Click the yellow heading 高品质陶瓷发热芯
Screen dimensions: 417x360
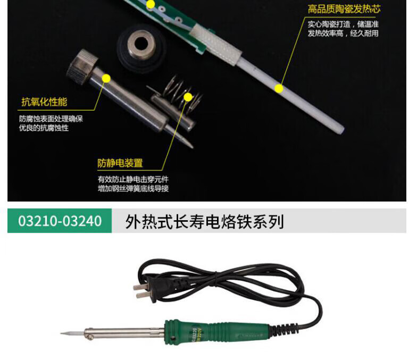[x=344, y=9]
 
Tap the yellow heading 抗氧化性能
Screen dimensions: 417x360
[x=44, y=102]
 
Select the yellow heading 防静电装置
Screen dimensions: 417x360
[x=120, y=163]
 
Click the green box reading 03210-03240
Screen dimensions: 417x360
[x=60, y=221]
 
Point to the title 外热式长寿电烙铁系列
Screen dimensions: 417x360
[x=204, y=221]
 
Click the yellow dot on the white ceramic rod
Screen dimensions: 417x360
[x=279, y=88]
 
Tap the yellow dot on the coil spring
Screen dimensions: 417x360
[x=188, y=97]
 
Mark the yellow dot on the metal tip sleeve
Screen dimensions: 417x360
[x=106, y=79]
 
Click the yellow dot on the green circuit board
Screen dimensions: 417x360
[x=151, y=4]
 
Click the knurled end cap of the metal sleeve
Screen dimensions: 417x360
[x=81, y=64]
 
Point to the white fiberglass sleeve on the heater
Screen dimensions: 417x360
[x=215, y=44]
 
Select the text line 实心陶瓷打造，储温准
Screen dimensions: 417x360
[x=343, y=24]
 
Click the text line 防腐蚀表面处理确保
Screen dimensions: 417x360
[x=51, y=119]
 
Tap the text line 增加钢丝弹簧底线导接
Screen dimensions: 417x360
[x=133, y=188]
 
